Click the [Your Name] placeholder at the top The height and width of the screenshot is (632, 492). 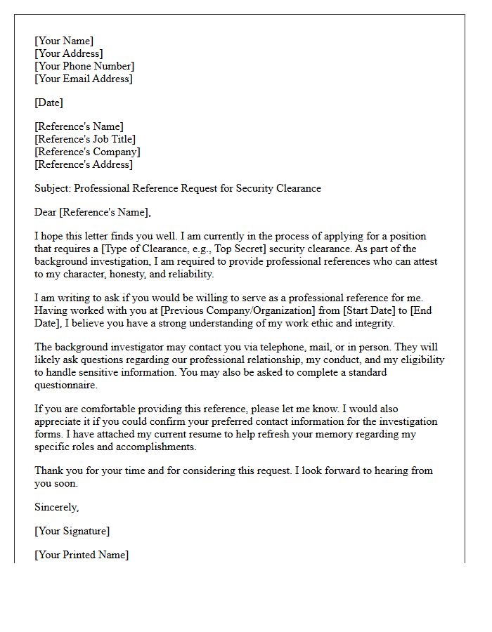click(64, 41)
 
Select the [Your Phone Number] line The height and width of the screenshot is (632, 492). click(84, 66)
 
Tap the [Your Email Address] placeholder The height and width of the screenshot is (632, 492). click(83, 79)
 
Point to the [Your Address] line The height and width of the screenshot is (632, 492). click(69, 53)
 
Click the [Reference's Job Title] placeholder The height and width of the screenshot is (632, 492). click(85, 139)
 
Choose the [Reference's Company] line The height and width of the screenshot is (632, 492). click(87, 152)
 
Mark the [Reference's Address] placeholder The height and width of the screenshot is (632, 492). click(84, 164)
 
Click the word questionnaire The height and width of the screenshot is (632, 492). click(66, 385)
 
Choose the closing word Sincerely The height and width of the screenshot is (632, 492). click(57, 507)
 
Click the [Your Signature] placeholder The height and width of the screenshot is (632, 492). click(72, 531)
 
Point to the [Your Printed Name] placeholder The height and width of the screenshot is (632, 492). click(82, 555)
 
